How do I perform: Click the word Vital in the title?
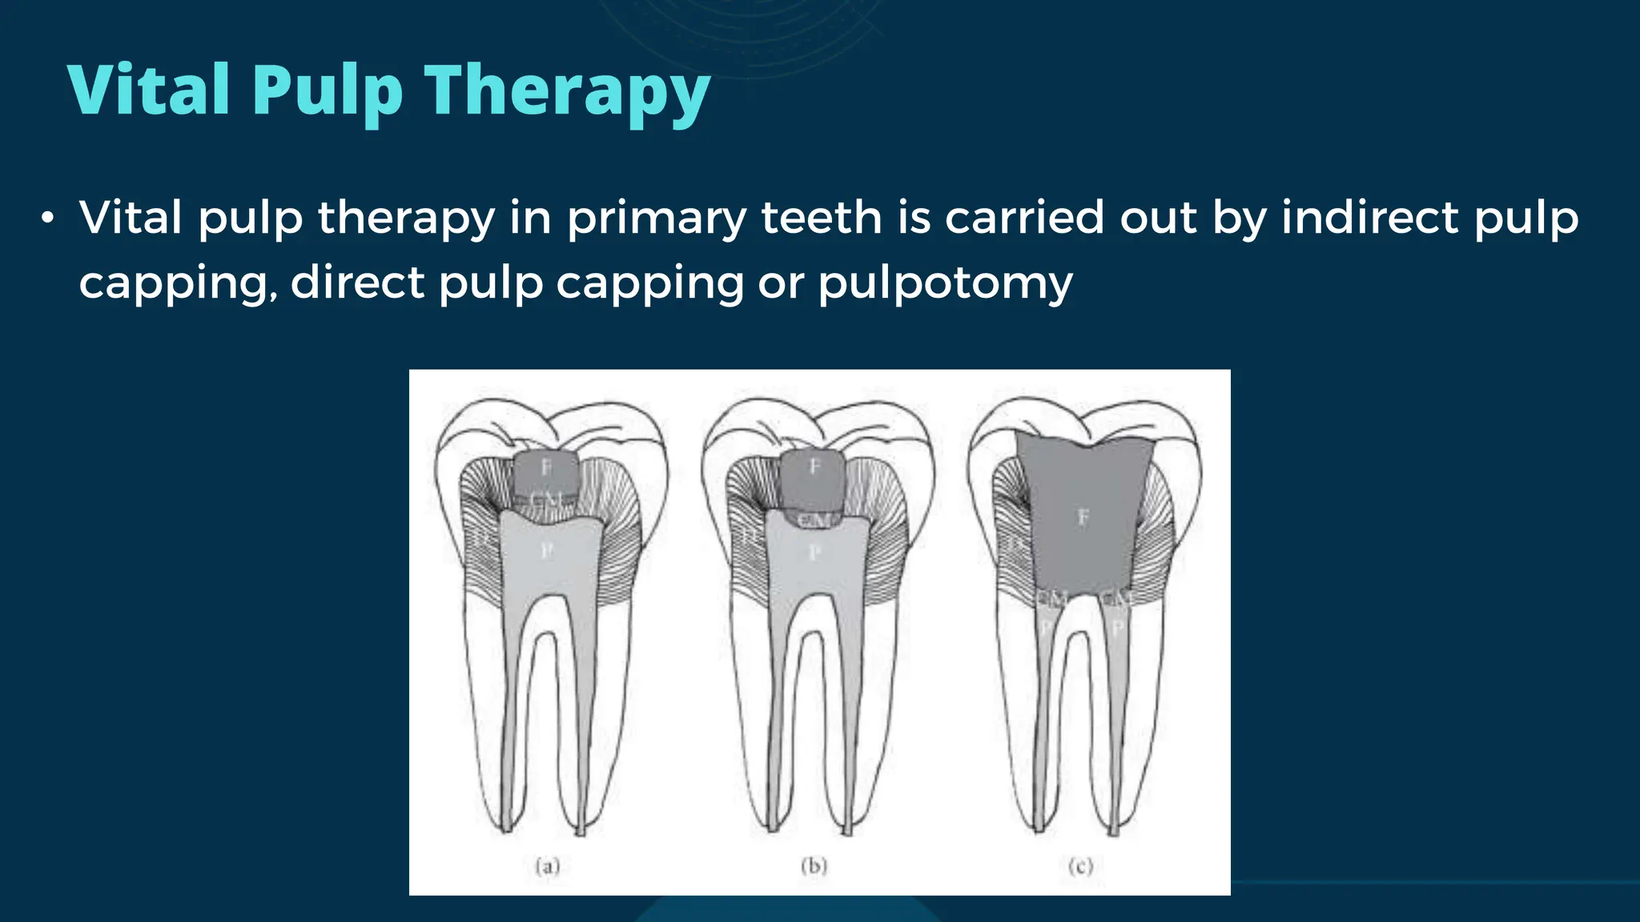pos(149,90)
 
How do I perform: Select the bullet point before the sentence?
pos(49,218)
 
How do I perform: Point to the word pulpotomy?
pos(945,283)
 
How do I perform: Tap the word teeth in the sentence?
pos(821,217)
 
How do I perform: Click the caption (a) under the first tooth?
pos(548,866)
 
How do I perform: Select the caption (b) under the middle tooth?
pos(814,866)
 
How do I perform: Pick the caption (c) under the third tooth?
pos(1080,866)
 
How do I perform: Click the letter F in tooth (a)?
pos(547,467)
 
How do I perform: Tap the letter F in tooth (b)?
pos(814,467)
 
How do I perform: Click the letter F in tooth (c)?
pos(1083,518)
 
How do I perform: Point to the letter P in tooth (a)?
pos(547,551)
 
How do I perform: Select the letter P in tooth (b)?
pos(814,552)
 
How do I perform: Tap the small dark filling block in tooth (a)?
pos(547,479)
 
